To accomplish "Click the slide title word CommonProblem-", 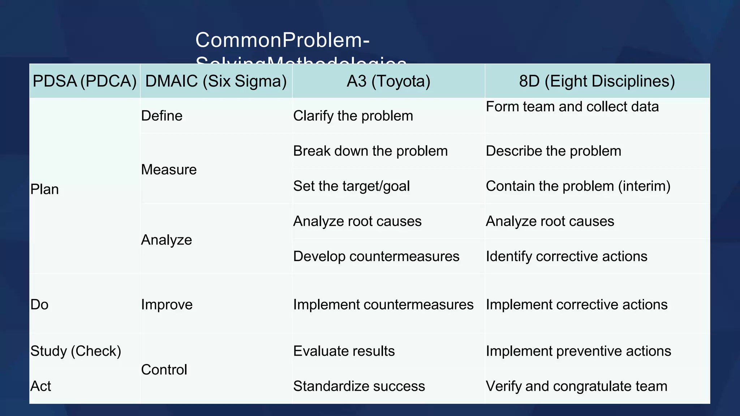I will tap(282, 40).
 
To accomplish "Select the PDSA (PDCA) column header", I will tap(85, 81).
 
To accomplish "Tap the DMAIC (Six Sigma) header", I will tap(216, 81).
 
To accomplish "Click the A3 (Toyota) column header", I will tap(388, 81).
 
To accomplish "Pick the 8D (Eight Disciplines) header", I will tap(597, 81).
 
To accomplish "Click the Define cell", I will tap(162, 116).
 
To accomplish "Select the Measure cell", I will tap(169, 170).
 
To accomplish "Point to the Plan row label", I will tap(44, 189).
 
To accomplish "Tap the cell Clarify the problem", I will tap(353, 116).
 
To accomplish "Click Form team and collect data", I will tap(572, 107).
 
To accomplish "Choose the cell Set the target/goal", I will tap(351, 186).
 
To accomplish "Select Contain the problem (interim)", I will tap(578, 186).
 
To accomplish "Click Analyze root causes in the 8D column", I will tap(550, 221).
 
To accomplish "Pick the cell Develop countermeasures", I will tap(376, 256).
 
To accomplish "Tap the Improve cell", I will tap(167, 305).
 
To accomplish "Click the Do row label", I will tap(39, 305).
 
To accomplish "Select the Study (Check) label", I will tap(76, 351).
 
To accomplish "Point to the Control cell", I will tap(164, 370).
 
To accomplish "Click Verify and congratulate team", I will tap(576, 386).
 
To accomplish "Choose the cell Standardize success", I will tap(359, 386).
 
